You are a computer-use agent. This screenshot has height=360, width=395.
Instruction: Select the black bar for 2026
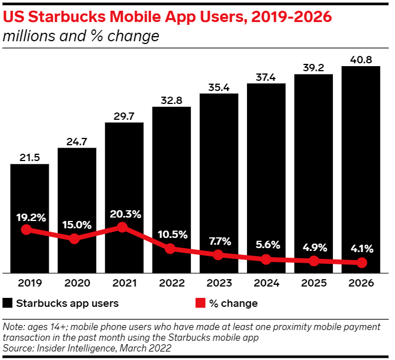click(361, 170)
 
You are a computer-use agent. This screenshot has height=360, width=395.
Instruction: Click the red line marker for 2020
click(75, 238)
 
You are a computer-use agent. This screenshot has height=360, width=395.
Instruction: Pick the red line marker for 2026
click(362, 263)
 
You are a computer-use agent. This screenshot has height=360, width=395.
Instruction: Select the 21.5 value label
click(29, 157)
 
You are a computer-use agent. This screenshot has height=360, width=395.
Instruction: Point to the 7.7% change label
click(219, 241)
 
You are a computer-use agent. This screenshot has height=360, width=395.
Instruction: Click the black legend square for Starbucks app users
click(7, 303)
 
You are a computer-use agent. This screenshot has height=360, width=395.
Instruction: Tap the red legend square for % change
click(199, 303)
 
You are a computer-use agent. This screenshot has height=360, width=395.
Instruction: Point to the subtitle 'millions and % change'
click(81, 37)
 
